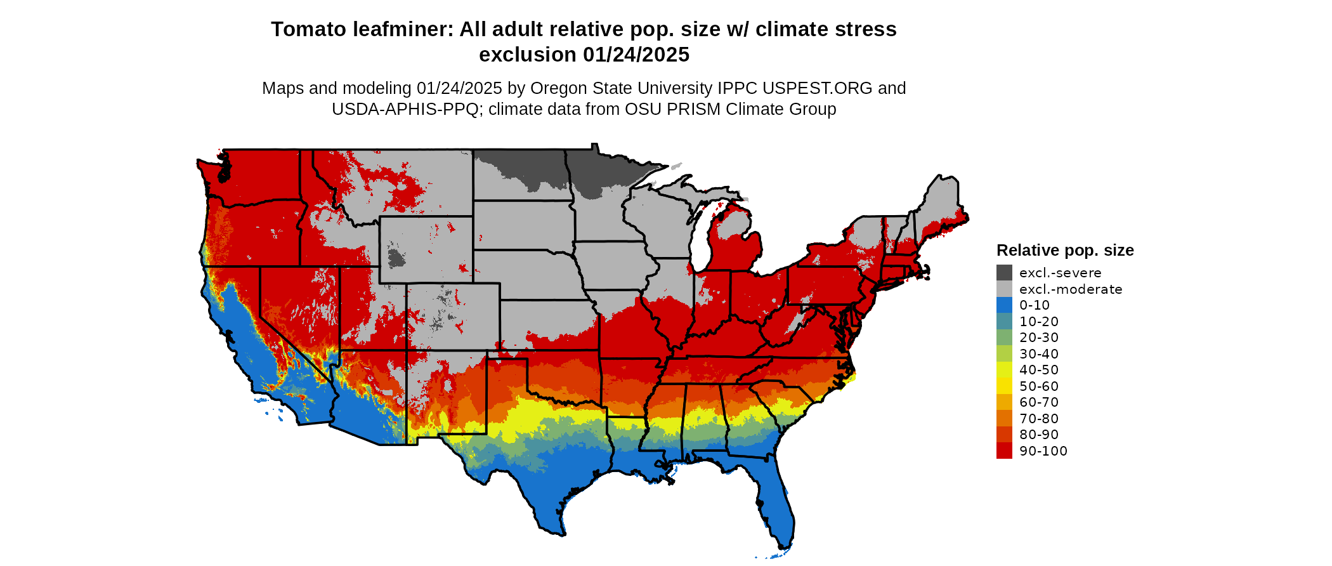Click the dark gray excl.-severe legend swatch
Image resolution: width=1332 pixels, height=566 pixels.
1004,273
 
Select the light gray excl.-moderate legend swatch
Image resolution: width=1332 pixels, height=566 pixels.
1004,289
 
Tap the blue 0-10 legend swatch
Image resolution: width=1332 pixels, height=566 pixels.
1004,305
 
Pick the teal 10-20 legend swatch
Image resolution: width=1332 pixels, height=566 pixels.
1004,322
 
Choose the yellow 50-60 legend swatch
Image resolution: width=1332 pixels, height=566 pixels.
1004,386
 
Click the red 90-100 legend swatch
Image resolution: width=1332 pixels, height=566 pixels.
1004,451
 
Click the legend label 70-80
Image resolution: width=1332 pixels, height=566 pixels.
1039,419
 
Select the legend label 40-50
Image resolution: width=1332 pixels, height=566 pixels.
1039,370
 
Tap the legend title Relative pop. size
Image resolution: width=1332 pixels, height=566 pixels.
1065,250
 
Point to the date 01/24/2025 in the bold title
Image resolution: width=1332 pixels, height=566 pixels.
636,55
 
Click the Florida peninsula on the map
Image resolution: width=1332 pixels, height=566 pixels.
777,501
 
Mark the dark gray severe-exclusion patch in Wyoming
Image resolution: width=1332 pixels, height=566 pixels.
396,258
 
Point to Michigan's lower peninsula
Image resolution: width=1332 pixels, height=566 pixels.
736,244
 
